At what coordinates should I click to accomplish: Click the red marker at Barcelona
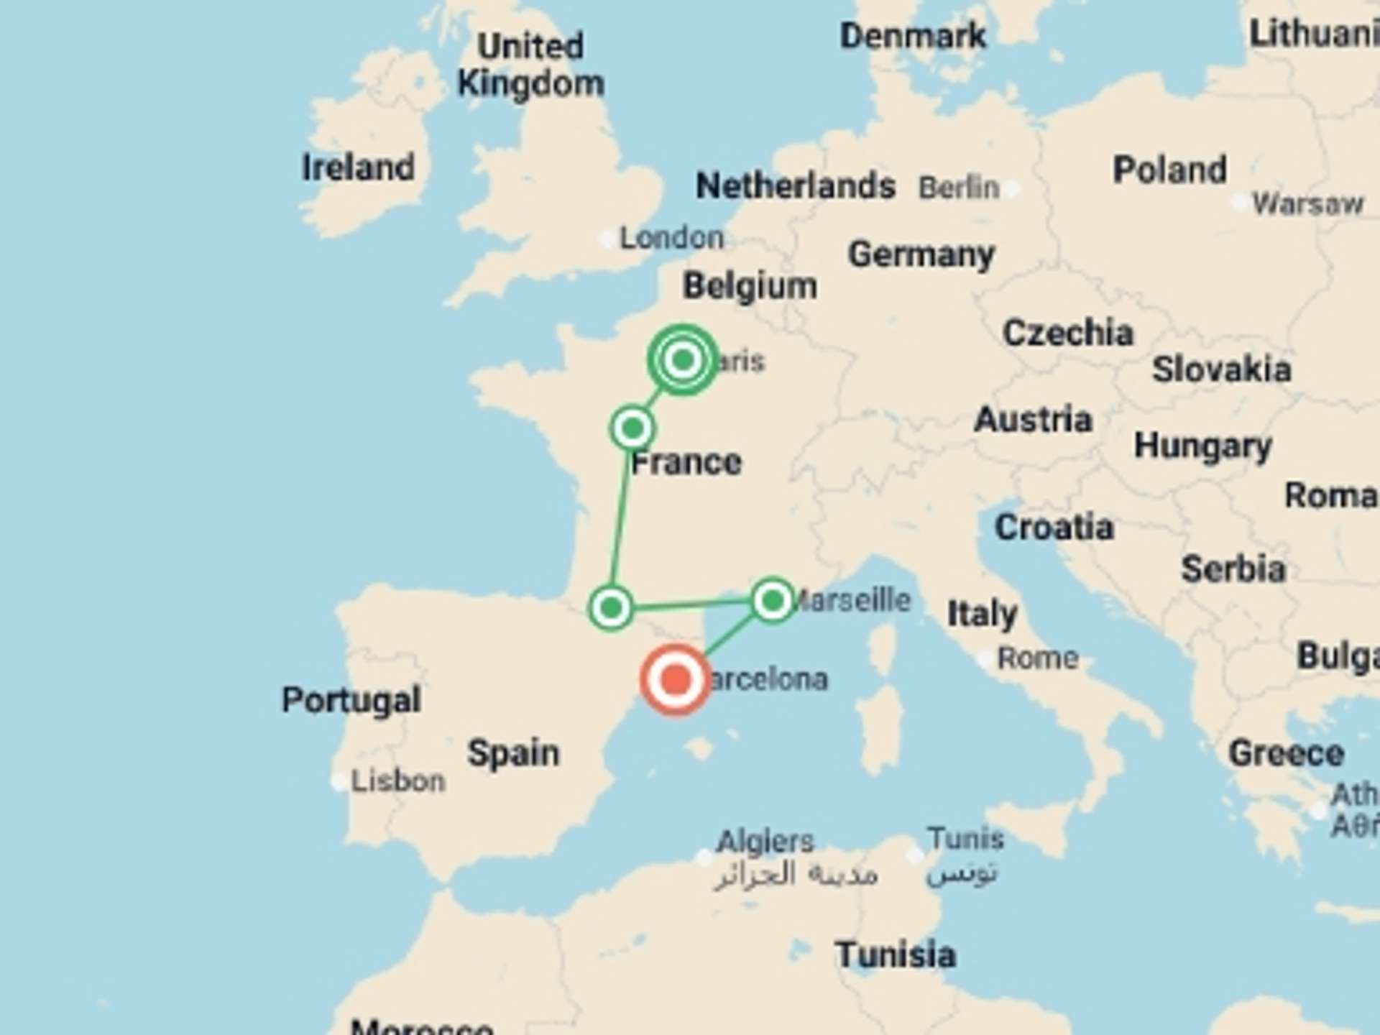(x=675, y=679)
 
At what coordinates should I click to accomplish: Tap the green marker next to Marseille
(x=773, y=600)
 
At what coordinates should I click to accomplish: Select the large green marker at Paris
(x=683, y=359)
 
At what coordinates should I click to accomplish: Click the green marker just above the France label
(x=632, y=428)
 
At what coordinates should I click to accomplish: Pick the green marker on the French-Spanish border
(x=611, y=608)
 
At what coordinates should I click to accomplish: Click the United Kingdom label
(x=531, y=65)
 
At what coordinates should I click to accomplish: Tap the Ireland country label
(x=358, y=168)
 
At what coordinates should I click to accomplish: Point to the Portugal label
(x=351, y=700)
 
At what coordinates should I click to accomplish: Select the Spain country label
(x=513, y=753)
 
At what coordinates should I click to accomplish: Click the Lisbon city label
(x=397, y=781)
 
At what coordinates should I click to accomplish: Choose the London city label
(x=671, y=238)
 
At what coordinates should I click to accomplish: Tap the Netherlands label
(x=796, y=186)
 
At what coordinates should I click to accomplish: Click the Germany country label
(x=921, y=254)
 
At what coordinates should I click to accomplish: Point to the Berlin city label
(x=959, y=188)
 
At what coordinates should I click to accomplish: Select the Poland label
(x=1169, y=170)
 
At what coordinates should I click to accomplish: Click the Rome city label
(x=1038, y=658)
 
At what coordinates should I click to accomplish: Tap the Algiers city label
(x=765, y=841)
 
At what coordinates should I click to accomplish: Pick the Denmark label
(x=913, y=36)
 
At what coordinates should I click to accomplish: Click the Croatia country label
(x=1054, y=528)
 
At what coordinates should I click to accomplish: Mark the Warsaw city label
(x=1307, y=204)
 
